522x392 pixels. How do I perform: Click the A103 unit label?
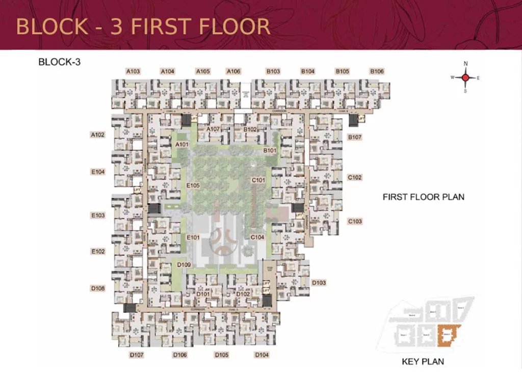coord(133,71)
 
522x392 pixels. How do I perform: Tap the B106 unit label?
coord(377,71)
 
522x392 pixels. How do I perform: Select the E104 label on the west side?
coord(97,173)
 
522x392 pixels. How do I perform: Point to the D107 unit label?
coord(136,355)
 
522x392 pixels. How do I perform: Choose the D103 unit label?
coord(319,283)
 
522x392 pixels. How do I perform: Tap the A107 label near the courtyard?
coord(213,129)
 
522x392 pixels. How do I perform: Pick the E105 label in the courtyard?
coord(193,185)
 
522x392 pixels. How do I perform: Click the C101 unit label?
coord(258,180)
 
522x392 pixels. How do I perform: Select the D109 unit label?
coord(184,265)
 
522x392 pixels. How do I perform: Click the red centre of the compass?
coord(465,78)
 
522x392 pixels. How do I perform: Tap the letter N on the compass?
coord(465,64)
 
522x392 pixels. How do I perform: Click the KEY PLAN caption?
coord(423,362)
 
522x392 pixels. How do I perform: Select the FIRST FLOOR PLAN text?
coord(423,197)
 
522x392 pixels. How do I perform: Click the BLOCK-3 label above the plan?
coord(60,62)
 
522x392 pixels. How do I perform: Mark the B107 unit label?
coord(354,137)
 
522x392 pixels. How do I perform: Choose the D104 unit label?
coord(262,355)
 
